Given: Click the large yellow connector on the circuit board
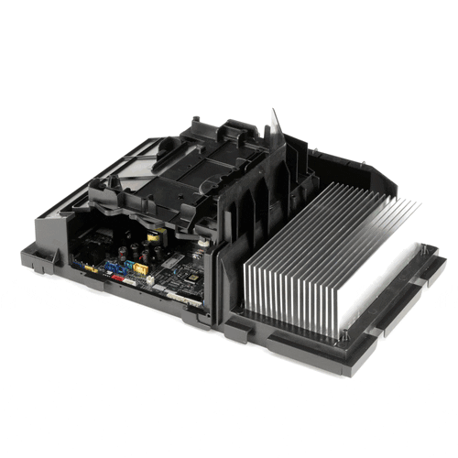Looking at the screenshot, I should click(138, 268).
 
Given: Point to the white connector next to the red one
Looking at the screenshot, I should click(139, 280).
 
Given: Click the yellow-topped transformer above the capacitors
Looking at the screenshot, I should click(153, 236).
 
